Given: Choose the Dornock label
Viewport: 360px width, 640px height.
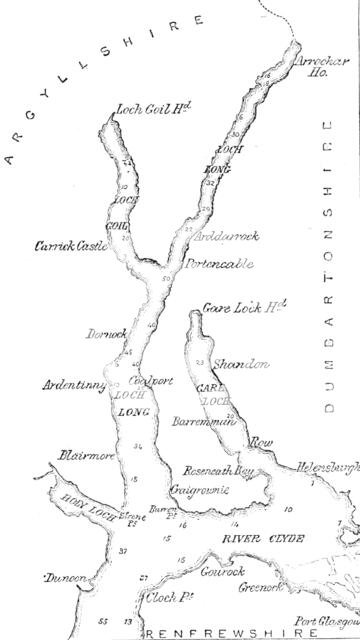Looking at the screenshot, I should pyautogui.click(x=104, y=332).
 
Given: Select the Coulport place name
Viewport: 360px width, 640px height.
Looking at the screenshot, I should pyautogui.click(x=143, y=381).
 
